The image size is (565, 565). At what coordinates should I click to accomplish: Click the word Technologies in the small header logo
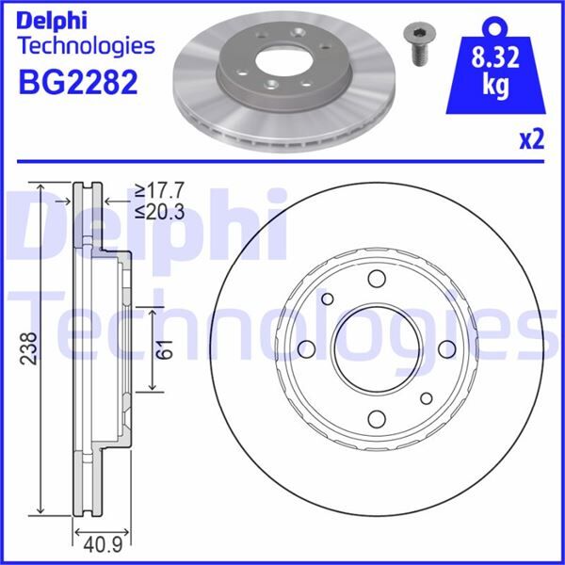86,45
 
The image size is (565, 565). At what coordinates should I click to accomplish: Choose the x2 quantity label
533,141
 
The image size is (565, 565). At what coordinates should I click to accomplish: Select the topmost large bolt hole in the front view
377,279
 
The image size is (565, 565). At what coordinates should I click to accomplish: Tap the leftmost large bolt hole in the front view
306,349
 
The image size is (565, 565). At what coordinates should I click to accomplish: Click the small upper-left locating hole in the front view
328,299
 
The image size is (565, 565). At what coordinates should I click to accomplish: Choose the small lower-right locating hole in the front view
426,398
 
